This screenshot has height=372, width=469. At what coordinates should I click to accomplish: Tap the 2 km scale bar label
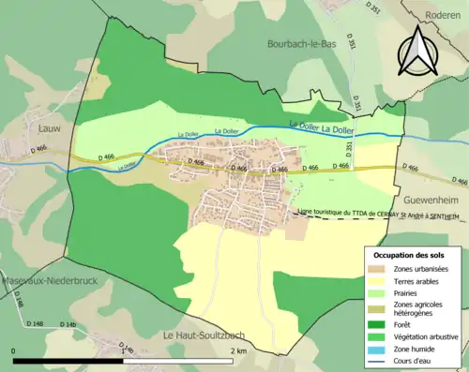(x=238, y=350)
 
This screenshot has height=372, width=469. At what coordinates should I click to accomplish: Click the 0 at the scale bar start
(x=15, y=350)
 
